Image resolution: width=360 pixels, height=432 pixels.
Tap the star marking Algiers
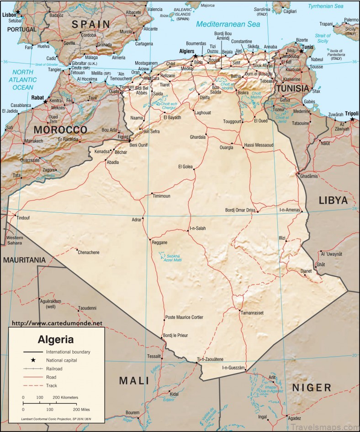click(195, 57)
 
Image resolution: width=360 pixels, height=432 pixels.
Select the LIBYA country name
click(333, 200)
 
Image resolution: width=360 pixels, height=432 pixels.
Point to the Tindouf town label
click(23, 218)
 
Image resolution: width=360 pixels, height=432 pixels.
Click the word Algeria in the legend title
click(55, 339)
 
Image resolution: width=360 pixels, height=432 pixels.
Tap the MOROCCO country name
click(60, 130)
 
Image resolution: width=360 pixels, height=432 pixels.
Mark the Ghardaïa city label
click(198, 137)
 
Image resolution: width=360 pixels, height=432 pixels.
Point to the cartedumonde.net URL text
click(57, 323)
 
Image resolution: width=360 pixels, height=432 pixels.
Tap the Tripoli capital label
click(352, 113)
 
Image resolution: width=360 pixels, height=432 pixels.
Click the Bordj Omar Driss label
click(240, 210)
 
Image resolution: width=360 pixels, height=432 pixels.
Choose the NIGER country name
click(312, 388)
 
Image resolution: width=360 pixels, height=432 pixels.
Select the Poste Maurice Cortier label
click(184, 317)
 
